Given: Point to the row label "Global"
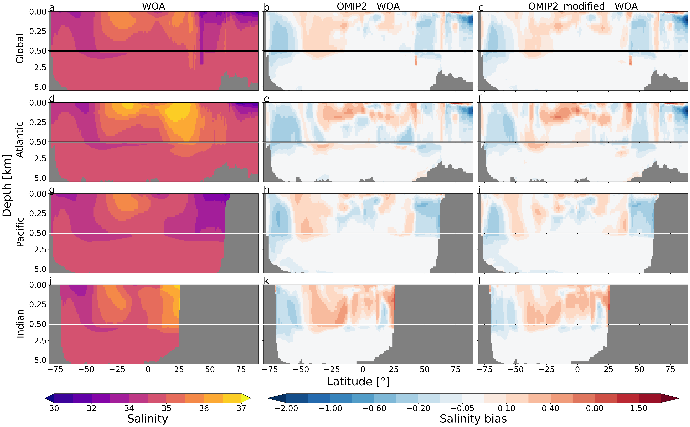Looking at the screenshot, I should [x=20, y=49].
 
